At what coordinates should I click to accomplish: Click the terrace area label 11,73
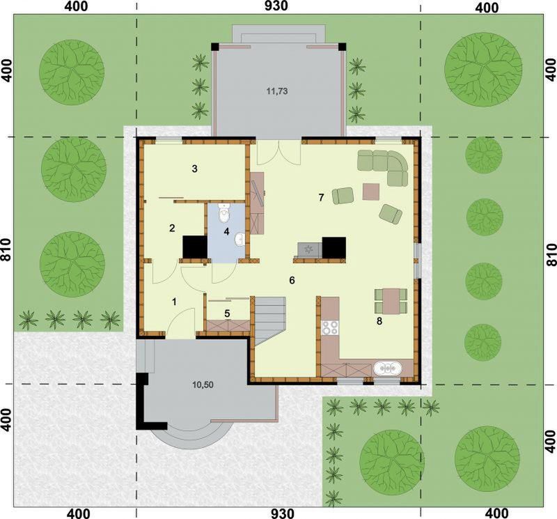[x=276, y=91]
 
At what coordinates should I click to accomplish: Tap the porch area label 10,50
[x=203, y=385]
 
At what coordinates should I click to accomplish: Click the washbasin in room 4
[x=239, y=239]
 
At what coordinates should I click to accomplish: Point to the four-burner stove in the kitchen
[x=330, y=327]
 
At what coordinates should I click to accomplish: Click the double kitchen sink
[x=387, y=369]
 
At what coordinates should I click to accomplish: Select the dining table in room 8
[x=391, y=302]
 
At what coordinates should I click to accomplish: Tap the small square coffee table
[x=371, y=192]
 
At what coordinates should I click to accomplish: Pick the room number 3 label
[x=194, y=169]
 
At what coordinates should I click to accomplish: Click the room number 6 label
[x=292, y=281]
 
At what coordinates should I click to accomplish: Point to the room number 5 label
[x=228, y=313]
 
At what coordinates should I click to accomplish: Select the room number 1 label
[x=174, y=302]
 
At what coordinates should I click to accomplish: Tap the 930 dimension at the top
[x=276, y=6]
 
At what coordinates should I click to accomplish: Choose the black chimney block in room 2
[x=195, y=247]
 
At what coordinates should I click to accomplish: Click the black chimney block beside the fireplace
[x=334, y=247]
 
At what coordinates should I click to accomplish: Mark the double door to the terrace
[x=279, y=152]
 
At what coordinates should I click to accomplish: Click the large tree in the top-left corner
[x=72, y=69]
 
